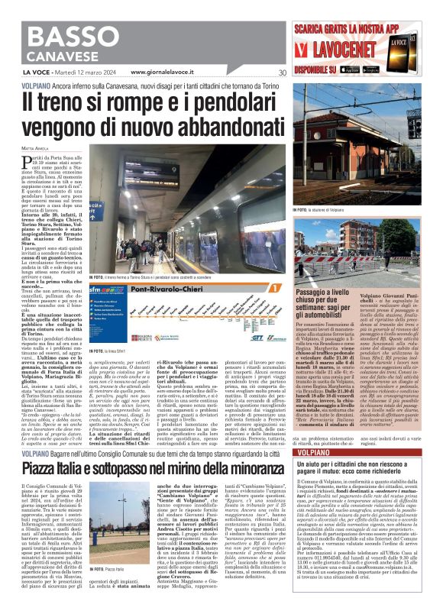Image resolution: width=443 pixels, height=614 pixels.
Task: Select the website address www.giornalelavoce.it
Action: coord(169,73)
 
